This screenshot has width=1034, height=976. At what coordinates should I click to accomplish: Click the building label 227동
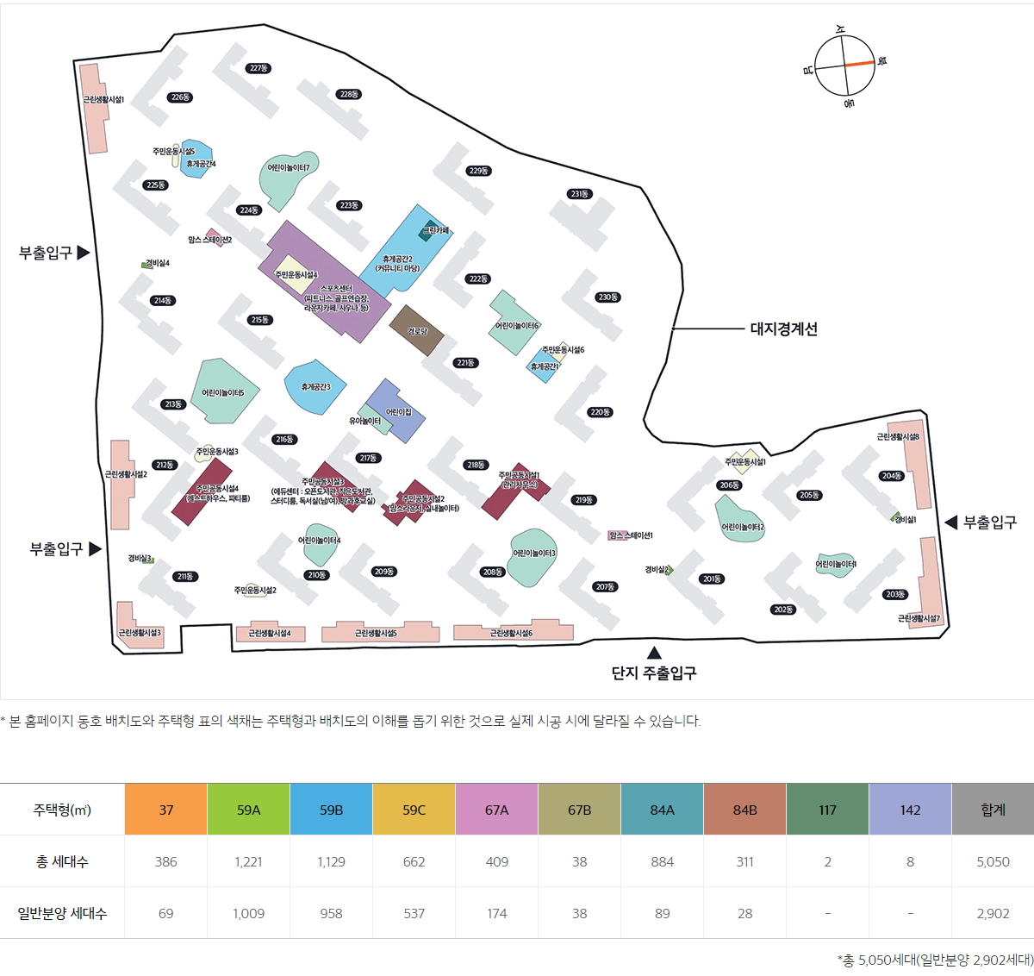pyautogui.click(x=258, y=68)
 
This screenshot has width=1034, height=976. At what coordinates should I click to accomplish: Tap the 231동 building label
pyautogui.click(x=579, y=194)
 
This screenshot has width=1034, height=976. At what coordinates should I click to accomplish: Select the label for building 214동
pyautogui.click(x=162, y=301)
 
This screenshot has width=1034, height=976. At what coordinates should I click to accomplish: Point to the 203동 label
pyautogui.click(x=895, y=594)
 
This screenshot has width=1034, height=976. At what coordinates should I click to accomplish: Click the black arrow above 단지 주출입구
pyautogui.click(x=655, y=653)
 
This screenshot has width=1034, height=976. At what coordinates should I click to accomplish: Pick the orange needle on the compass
pyautogui.click(x=859, y=64)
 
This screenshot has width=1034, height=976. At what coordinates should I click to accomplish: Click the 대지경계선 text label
pyautogui.click(x=783, y=328)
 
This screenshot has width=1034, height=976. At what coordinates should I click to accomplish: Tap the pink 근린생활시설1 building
pyautogui.click(x=93, y=108)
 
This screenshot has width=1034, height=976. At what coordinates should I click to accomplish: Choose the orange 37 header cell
pyautogui.click(x=166, y=810)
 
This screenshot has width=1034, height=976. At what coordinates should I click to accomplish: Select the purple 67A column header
pyautogui.click(x=497, y=810)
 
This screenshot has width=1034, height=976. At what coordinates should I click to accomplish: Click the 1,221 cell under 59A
pyautogui.click(x=248, y=861)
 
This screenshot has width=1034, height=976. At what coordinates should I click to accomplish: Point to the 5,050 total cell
pyautogui.click(x=993, y=861)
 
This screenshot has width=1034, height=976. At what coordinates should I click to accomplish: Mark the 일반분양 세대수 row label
pyautogui.click(x=62, y=913)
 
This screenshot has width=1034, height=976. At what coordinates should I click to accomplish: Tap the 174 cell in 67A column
pyautogui.click(x=497, y=913)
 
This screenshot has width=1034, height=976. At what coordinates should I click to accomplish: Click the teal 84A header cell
pyautogui.click(x=663, y=810)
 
